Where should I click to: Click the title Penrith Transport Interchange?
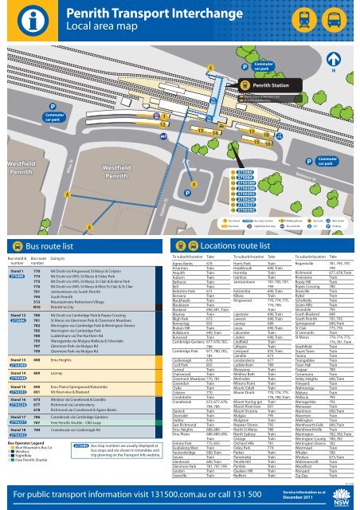click(146, 13)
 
